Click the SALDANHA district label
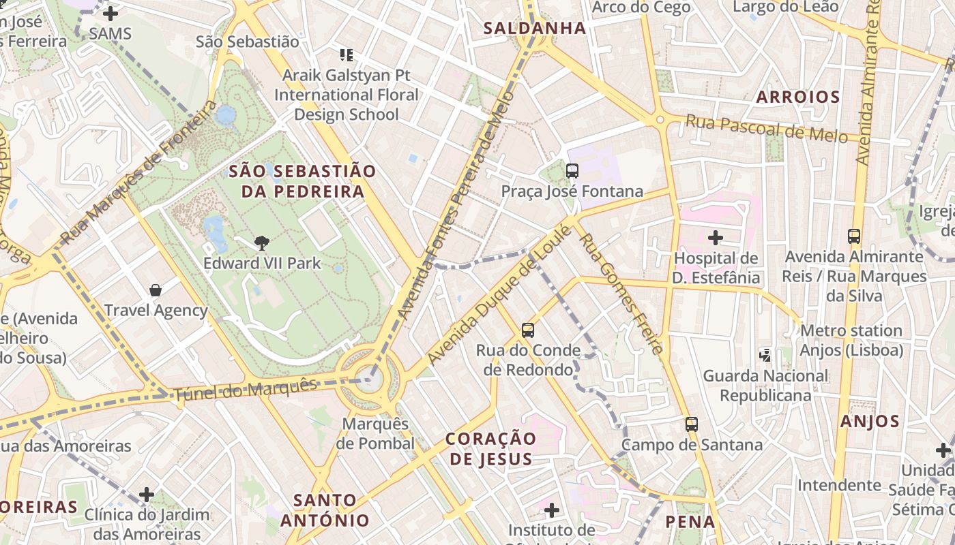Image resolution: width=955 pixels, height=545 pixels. pyautogui.click(x=534, y=29)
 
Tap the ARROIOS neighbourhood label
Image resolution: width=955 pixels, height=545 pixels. pyautogui.click(x=797, y=97)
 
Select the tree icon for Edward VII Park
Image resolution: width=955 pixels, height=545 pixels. pyautogui.click(x=261, y=243)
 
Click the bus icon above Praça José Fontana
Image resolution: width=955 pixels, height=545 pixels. pyautogui.click(x=572, y=171)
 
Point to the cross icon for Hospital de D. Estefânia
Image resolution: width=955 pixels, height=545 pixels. pyautogui.click(x=715, y=238)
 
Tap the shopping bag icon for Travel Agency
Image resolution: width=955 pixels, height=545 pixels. pyautogui.click(x=156, y=291)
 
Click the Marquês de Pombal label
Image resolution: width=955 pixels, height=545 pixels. pyautogui.click(x=375, y=433)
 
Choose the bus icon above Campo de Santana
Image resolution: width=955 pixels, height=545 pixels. pyautogui.click(x=692, y=424)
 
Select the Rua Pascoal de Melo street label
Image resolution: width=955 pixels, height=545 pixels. pyautogui.click(x=766, y=128)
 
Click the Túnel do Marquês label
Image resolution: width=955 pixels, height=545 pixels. pyautogui.click(x=246, y=390)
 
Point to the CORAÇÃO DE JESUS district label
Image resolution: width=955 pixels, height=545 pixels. pyautogui.click(x=490, y=448)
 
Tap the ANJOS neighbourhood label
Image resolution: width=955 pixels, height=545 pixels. pyautogui.click(x=870, y=421)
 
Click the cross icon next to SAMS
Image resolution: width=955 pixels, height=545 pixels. pyautogui.click(x=110, y=14)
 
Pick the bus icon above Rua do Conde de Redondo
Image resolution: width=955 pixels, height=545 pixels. pyautogui.click(x=527, y=330)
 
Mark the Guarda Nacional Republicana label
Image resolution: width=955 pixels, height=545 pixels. pyautogui.click(x=765, y=385)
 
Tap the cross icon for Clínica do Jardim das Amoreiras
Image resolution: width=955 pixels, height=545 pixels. pyautogui.click(x=146, y=495)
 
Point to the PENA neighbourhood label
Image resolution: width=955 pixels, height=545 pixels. pyautogui.click(x=690, y=522)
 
